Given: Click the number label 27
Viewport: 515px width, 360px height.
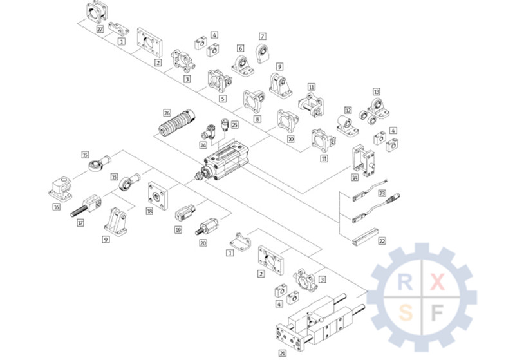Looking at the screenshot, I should [100, 30].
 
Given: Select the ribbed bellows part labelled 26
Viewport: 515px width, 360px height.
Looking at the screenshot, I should [178, 123].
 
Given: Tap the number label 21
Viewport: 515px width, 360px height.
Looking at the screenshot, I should [282, 353].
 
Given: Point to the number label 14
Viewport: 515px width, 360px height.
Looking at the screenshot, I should [354, 176].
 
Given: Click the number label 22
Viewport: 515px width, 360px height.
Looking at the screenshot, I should [382, 241].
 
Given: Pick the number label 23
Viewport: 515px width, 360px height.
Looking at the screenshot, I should [382, 193].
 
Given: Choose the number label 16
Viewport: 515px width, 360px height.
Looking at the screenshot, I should [57, 207].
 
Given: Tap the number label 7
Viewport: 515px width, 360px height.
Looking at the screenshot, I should [263, 36].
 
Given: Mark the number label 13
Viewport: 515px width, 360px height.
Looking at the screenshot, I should [377, 91].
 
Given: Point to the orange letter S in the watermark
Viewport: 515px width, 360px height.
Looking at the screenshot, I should [406, 313].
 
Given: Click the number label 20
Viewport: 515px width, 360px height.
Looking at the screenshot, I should [203, 243].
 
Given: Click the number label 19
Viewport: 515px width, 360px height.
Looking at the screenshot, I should [178, 229].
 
